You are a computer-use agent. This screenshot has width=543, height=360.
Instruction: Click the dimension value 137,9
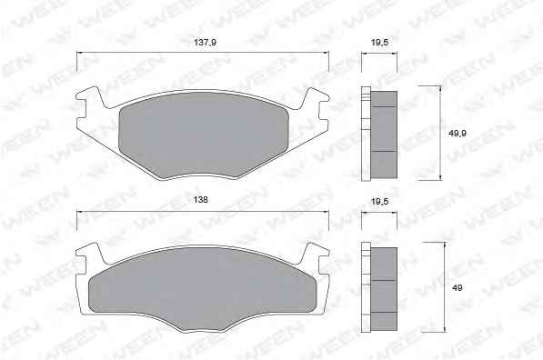click(x=205, y=42)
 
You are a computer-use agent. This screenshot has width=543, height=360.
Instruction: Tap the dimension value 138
click(x=201, y=200)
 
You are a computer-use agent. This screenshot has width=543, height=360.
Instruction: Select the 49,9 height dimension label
click(x=458, y=134)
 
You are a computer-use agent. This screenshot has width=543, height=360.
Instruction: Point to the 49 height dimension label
click(x=458, y=287)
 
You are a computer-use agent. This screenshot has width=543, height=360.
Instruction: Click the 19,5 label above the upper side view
click(x=379, y=43)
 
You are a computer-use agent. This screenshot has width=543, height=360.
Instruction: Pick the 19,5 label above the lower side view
click(x=379, y=201)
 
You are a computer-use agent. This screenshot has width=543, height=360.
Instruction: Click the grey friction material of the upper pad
click(x=204, y=135)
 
